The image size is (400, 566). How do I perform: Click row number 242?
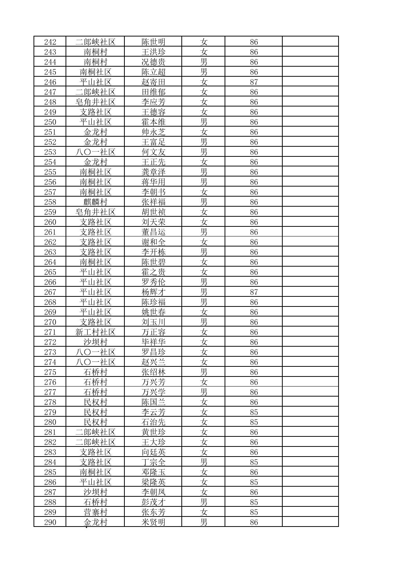(x=50, y=42)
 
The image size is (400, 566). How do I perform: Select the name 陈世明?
(x=153, y=42)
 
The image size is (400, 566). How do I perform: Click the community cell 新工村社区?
(x=95, y=332)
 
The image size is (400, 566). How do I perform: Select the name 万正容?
(x=153, y=332)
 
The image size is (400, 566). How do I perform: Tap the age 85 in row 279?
(x=254, y=412)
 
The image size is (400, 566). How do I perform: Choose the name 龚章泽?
(x=153, y=172)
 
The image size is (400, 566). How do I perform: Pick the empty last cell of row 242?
(x=310, y=42)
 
